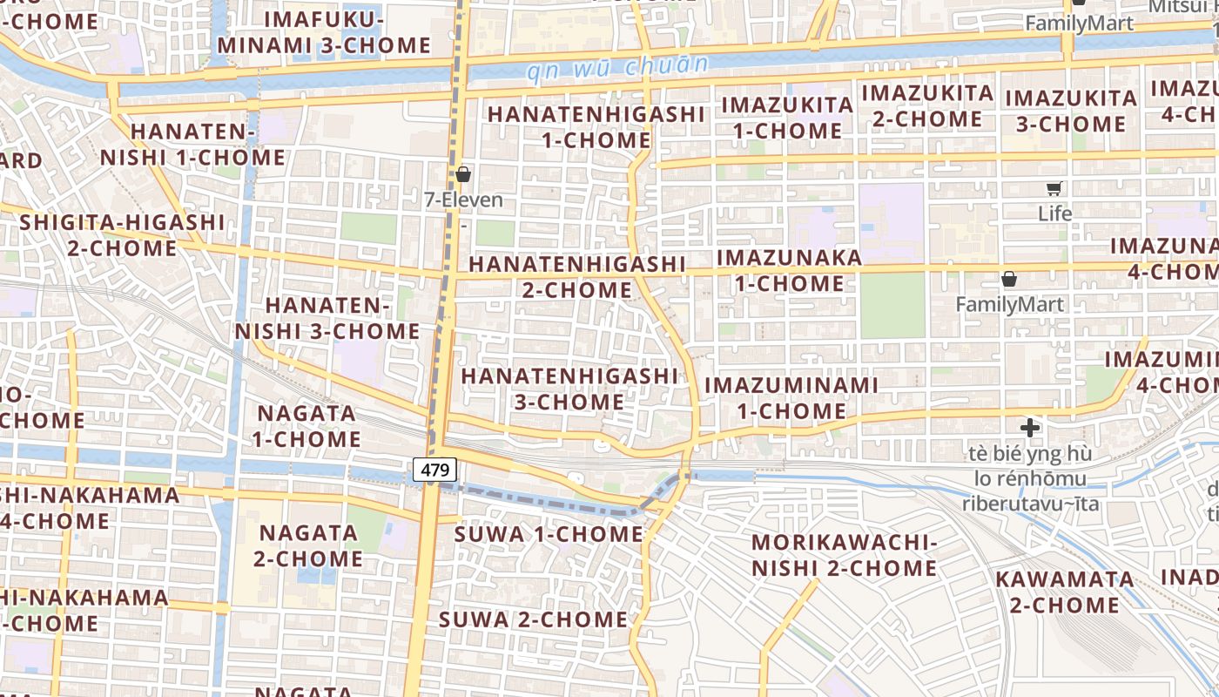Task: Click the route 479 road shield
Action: point(434,470)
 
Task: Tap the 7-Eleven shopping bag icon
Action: point(463,174)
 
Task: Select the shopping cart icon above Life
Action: point(1054,188)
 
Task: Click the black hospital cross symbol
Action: point(1030,428)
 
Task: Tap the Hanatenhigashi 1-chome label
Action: point(596,126)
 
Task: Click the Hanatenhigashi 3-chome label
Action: point(569,389)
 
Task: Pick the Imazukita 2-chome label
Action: point(927,105)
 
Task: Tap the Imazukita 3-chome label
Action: point(1071,111)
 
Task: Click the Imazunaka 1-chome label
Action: point(789,270)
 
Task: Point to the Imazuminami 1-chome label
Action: point(791,397)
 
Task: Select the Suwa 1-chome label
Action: point(549,534)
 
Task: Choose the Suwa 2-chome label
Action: point(533,619)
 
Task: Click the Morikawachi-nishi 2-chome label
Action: point(844,555)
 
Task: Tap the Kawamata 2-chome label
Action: point(1064,592)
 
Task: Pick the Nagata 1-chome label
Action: point(306,425)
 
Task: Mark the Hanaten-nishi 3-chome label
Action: point(327,318)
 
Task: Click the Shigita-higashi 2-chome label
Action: point(122,235)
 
